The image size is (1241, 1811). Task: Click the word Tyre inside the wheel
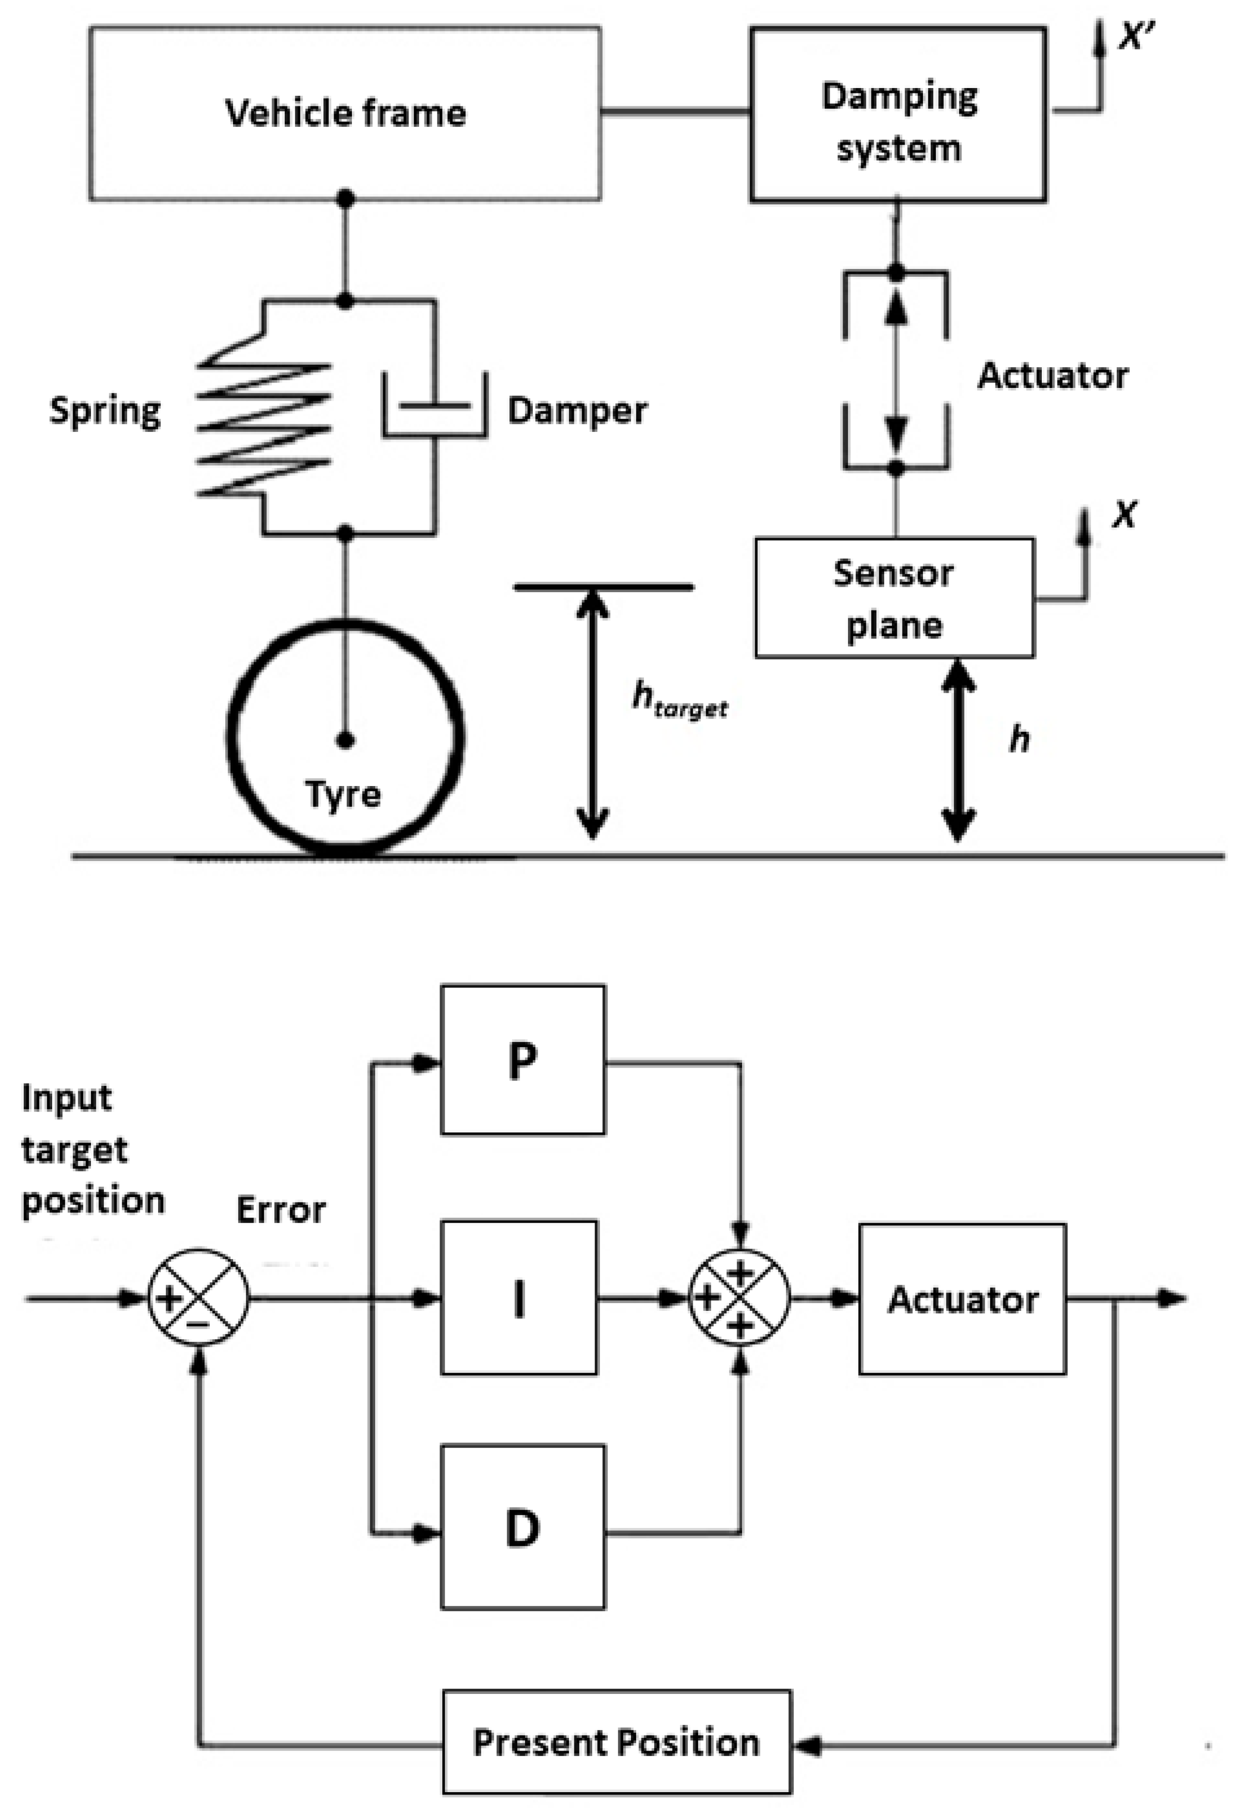click(344, 794)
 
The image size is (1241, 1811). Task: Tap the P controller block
click(522, 1059)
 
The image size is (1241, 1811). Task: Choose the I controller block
click(519, 1297)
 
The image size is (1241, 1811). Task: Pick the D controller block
click(522, 1528)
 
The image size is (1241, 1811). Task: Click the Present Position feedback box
click(616, 1742)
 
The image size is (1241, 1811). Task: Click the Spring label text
click(105, 411)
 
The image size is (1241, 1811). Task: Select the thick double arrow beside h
click(958, 750)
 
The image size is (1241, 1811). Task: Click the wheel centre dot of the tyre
click(346, 740)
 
